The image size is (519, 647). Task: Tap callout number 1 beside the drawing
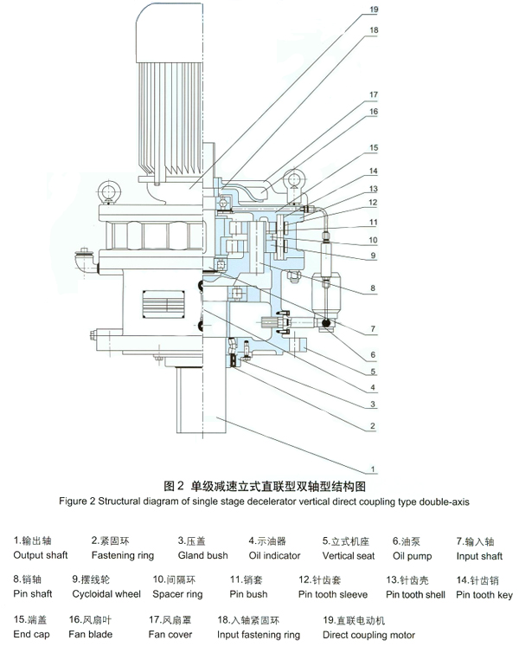373,469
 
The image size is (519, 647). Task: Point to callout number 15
373,148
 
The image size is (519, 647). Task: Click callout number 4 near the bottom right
373,386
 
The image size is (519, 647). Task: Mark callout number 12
373,203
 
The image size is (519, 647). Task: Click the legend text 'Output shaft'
41,556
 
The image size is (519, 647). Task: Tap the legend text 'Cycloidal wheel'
106,594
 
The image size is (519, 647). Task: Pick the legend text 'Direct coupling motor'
368,635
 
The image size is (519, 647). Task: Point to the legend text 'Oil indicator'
275,556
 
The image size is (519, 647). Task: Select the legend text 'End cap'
33,635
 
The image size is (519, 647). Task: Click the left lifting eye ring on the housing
109,191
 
